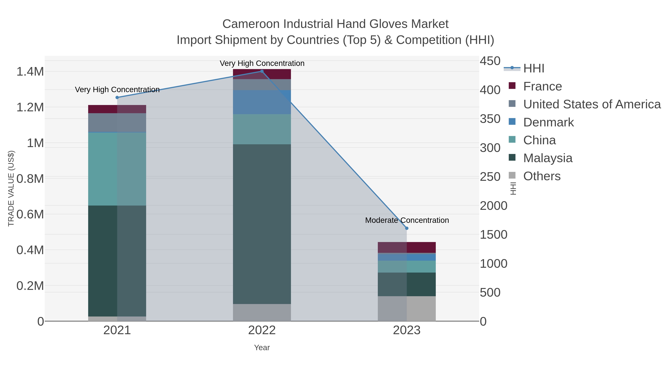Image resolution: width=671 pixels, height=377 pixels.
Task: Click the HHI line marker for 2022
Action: click(262, 71)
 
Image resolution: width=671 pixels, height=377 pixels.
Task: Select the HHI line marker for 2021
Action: click(117, 98)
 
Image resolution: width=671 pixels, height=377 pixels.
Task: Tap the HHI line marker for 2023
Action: click(407, 228)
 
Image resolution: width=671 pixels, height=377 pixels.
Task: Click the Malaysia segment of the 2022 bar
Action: click(262, 224)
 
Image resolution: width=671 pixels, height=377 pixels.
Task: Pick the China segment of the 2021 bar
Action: click(117, 169)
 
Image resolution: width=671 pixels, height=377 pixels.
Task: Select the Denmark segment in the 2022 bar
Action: click(262, 102)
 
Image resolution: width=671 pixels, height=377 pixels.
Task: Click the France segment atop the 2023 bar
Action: click(407, 247)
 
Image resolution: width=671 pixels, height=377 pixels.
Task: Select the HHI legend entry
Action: click(533, 69)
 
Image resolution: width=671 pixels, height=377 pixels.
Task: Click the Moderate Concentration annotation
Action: click(407, 220)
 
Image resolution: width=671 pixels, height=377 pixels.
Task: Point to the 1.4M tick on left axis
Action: click(30, 71)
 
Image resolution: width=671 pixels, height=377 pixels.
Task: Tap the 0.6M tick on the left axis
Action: click(30, 214)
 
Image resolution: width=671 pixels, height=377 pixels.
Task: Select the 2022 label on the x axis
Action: click(262, 330)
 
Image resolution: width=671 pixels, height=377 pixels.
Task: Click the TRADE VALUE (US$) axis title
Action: click(11, 188)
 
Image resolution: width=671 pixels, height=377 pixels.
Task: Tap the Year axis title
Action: click(262, 348)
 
